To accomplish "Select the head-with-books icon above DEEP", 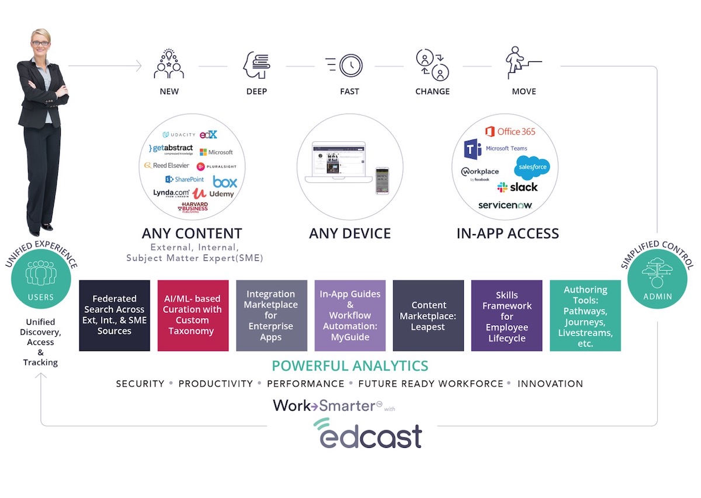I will tap(256, 65).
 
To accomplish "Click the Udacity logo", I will tap(179, 135).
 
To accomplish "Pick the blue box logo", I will tap(225, 182).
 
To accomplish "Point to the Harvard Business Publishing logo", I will tap(193, 207).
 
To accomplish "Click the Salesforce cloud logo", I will tap(531, 168).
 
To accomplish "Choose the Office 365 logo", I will tap(510, 131).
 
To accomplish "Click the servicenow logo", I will tap(505, 205).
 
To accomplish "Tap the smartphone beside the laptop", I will tap(382, 181).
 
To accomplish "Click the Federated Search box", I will tap(114, 315).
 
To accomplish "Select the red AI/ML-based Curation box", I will tap(193, 315).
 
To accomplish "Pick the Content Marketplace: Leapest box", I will tap(428, 315).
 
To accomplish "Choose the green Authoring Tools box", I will tap(585, 315).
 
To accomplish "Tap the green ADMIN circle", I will tap(657, 280).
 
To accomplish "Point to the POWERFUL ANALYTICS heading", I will tap(350, 366).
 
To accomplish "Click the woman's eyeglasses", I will tap(40, 43).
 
